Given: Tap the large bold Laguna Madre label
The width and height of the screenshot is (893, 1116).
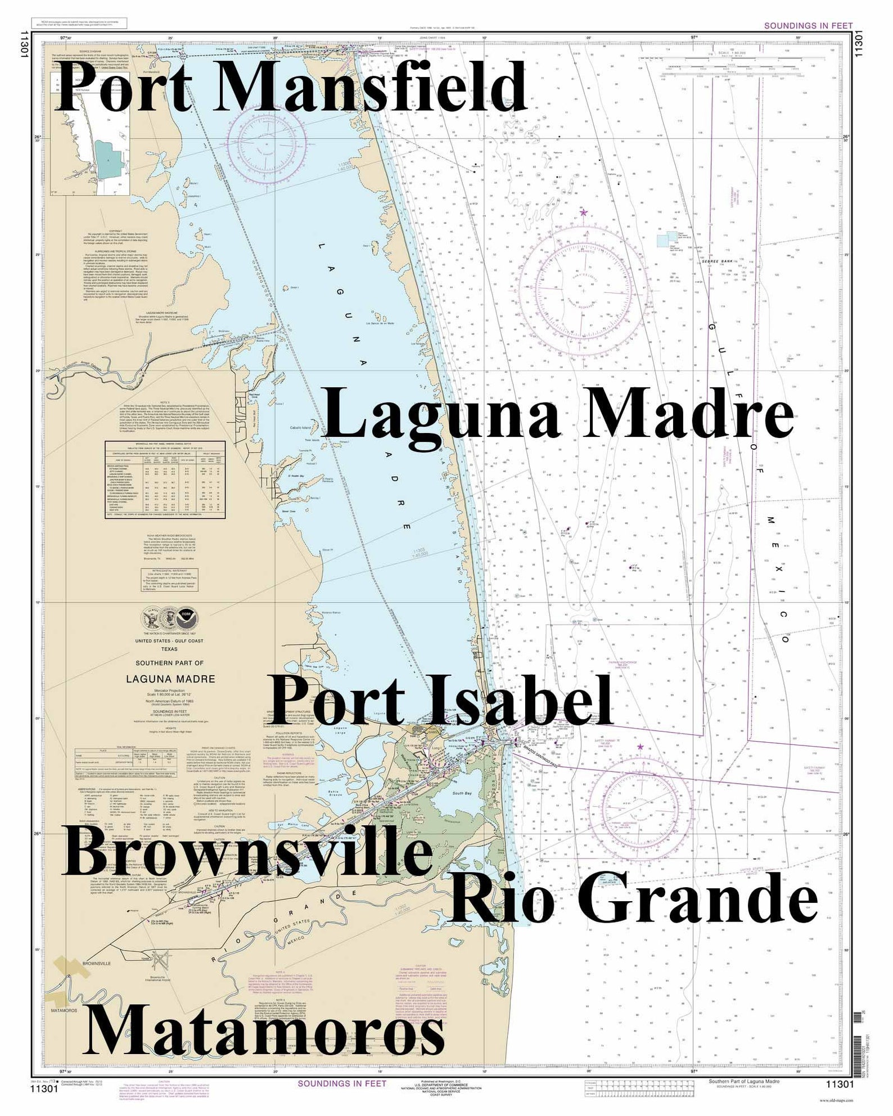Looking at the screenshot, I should point(559,413).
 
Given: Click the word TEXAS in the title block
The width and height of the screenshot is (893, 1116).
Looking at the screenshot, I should point(169,649).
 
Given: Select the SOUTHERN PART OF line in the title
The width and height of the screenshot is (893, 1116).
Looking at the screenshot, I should point(169,664).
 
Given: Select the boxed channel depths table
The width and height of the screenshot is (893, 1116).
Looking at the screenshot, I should point(166,480).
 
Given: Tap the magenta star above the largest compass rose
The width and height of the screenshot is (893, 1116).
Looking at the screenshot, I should point(584,212).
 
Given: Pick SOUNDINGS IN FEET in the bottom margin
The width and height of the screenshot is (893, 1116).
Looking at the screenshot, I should point(342,1083).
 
